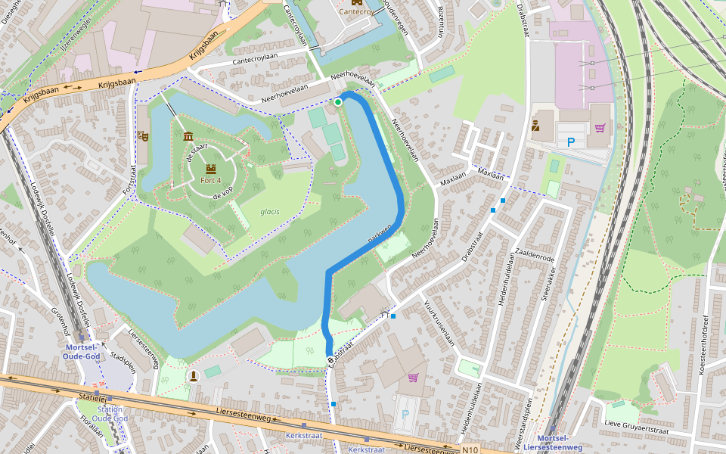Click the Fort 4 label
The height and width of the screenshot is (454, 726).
point(211,181)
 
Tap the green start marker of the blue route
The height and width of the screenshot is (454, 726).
point(338,102)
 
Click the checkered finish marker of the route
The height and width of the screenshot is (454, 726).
point(330,359)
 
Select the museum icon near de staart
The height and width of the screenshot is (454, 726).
point(188,135)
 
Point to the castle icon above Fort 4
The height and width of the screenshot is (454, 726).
point(211,168)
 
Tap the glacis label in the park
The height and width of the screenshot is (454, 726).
point(270,212)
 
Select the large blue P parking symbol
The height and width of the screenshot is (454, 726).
point(571,141)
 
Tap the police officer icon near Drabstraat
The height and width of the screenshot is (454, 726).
point(535,126)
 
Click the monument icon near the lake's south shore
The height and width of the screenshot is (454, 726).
point(194,375)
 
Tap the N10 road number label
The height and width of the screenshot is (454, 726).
point(470,449)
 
